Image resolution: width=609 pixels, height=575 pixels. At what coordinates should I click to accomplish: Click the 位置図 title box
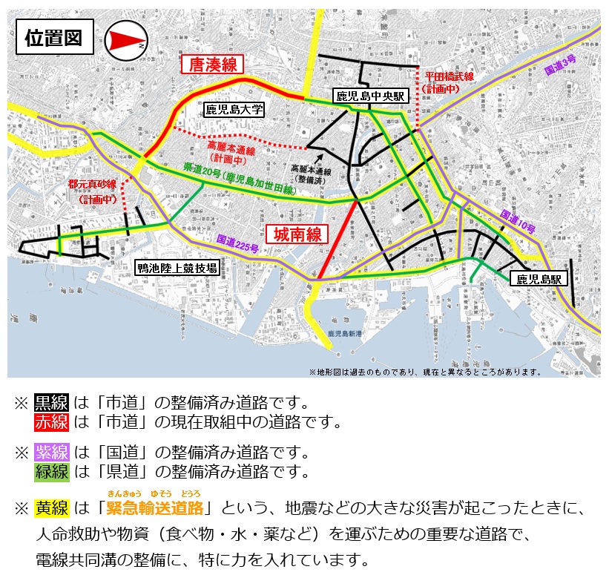[54, 38]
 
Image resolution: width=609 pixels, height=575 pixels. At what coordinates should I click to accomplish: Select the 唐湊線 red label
[213, 65]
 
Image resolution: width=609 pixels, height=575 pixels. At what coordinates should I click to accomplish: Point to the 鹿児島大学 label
[234, 109]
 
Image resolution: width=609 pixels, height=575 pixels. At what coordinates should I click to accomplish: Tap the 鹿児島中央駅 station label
[369, 96]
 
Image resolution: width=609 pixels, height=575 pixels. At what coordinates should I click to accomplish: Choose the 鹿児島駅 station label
[539, 279]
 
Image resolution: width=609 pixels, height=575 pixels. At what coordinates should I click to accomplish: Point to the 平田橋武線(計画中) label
[449, 82]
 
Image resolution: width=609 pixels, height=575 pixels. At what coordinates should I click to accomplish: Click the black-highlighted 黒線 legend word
[52, 403]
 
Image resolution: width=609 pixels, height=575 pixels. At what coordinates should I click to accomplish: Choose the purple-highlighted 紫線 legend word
[52, 452]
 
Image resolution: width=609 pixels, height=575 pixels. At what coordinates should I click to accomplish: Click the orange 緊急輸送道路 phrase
[155, 508]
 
